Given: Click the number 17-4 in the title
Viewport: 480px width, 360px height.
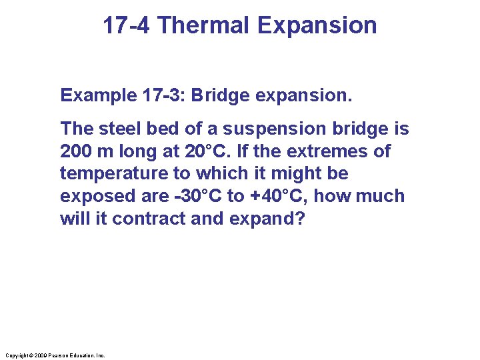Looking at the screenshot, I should click(x=129, y=25).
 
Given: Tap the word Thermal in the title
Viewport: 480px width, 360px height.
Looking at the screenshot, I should click(x=204, y=25).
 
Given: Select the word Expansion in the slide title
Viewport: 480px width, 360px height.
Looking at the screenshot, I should click(x=317, y=25).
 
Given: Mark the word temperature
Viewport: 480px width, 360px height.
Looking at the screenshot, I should click(x=107, y=174).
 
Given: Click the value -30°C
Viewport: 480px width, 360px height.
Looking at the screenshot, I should click(x=193, y=197).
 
